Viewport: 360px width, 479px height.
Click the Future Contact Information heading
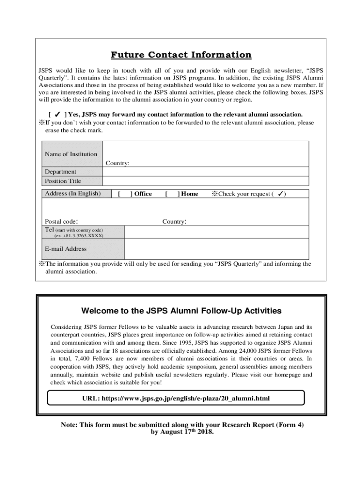181,55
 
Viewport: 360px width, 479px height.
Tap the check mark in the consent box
57,115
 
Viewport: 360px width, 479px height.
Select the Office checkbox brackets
124,194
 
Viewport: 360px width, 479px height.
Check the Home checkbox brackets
172,194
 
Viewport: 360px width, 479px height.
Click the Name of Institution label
71,154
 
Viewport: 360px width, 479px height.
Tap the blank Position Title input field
205,181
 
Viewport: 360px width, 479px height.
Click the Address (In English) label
72,194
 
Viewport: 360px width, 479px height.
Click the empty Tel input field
216,232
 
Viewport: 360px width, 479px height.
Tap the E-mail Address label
65,249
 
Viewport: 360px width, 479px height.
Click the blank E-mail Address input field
216,249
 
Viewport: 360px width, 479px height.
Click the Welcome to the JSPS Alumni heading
181,311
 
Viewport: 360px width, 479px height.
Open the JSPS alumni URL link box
176,399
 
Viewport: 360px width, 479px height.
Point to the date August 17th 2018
187,432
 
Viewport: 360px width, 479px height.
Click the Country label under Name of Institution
117,163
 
